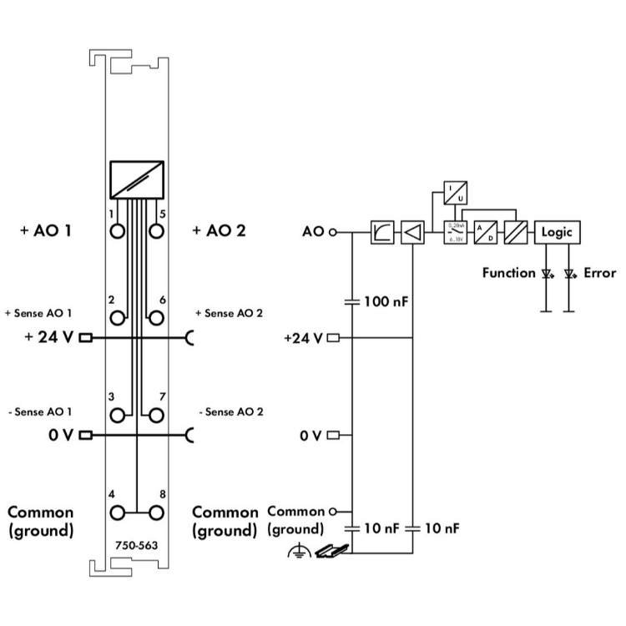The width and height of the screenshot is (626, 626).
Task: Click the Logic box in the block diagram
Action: (557, 232)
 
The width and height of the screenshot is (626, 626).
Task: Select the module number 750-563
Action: (136, 546)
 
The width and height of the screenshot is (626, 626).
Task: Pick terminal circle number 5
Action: (154, 230)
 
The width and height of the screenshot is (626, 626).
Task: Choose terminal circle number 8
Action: (154, 512)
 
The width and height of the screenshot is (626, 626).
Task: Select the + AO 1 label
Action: (44, 230)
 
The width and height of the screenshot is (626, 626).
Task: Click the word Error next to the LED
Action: (599, 272)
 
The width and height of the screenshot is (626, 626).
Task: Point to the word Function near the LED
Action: (508, 272)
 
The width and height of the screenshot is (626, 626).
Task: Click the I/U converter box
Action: (456, 194)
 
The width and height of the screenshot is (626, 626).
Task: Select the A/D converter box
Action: (485, 232)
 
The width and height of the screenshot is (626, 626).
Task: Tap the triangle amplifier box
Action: (412, 232)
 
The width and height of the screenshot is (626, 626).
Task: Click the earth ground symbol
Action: (299, 551)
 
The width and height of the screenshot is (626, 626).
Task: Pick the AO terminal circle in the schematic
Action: (333, 232)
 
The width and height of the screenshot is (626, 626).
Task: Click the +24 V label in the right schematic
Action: (304, 338)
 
